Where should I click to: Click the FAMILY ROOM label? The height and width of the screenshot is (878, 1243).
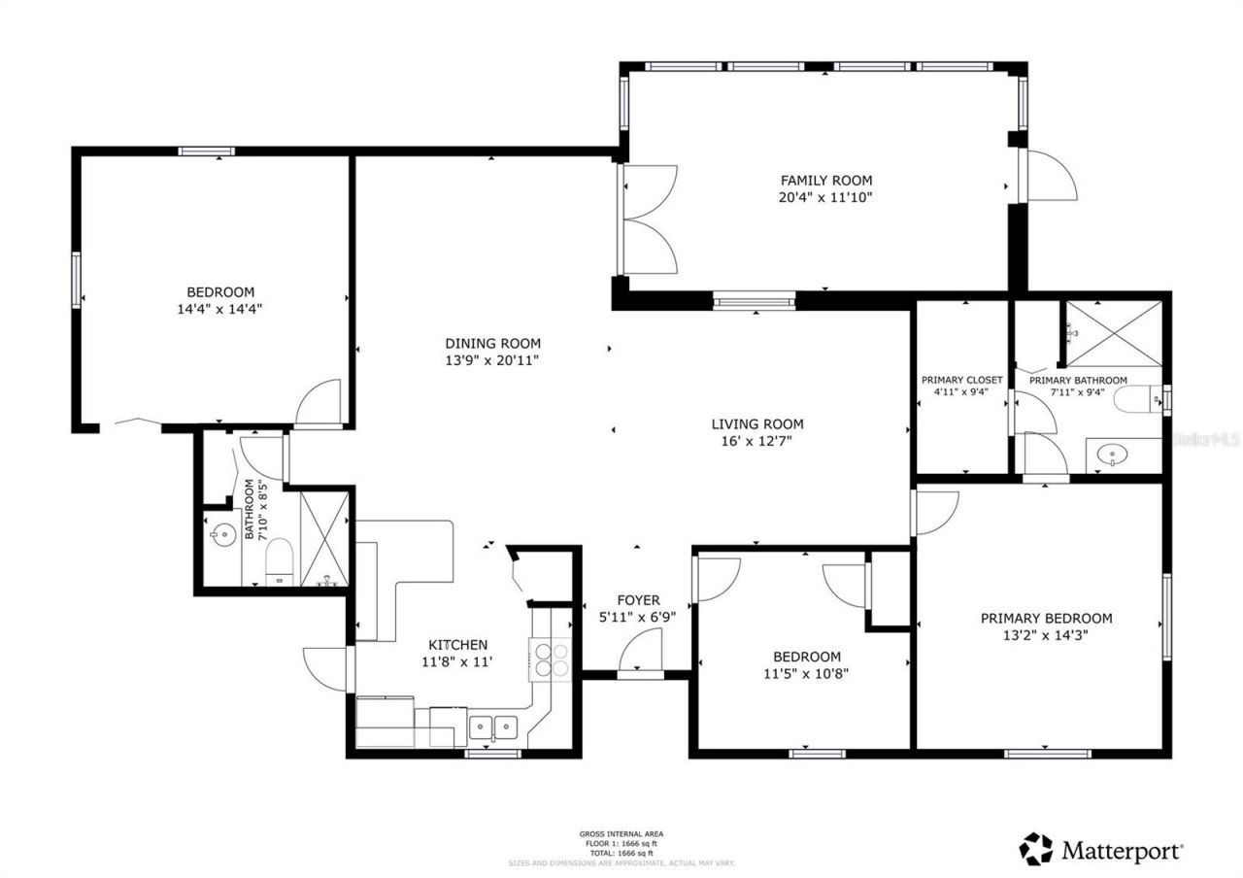826,180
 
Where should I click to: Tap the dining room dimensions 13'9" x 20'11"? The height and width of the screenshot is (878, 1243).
492,360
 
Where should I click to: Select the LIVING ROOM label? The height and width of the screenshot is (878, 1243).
757,423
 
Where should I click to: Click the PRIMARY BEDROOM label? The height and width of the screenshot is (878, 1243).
1046,618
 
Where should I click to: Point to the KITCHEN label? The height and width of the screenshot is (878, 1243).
458,645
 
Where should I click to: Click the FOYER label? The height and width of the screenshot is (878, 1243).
638,600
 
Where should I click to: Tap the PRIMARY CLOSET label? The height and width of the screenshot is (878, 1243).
961,380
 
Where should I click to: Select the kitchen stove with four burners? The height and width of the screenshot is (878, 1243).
550,659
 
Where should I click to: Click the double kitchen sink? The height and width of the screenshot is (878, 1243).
492,727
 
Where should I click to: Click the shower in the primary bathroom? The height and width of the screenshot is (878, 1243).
1114,334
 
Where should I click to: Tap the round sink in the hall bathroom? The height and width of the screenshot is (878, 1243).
223,533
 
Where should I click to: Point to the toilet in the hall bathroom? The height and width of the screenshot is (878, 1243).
281,562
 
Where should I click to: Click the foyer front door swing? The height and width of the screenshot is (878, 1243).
641,649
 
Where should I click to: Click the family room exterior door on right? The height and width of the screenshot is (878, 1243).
1051,177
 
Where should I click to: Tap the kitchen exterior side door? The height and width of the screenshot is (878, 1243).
327,669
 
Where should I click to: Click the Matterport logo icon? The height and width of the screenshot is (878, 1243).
1035,849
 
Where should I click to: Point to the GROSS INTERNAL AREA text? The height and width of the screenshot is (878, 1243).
621,833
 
